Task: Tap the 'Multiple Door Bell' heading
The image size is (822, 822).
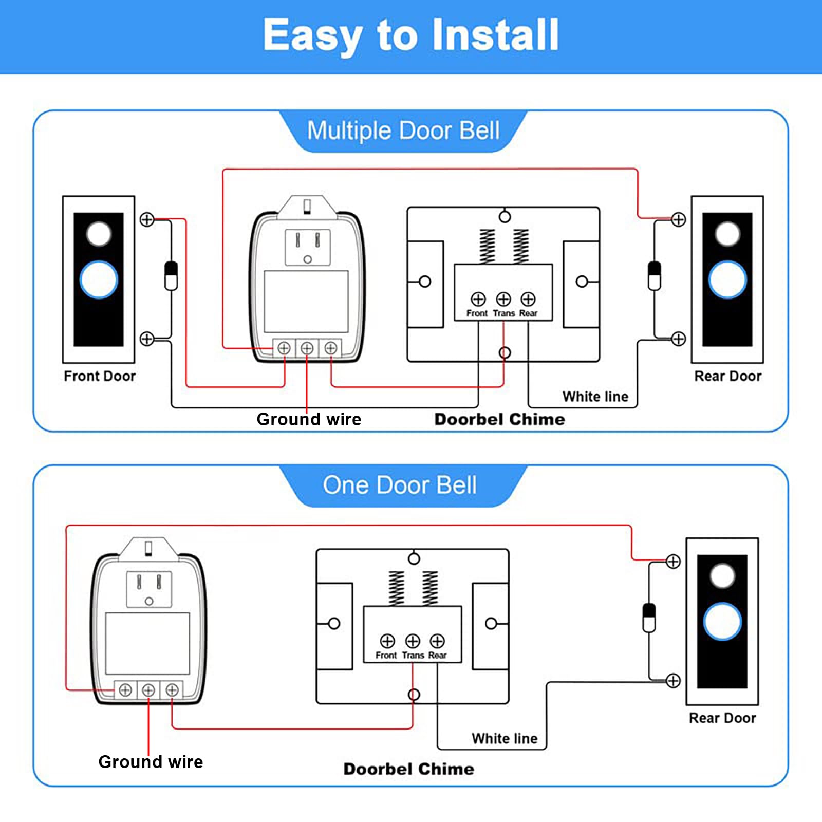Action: [x=403, y=130]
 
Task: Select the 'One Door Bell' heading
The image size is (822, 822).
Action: [x=400, y=485]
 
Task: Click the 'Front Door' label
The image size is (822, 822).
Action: [x=100, y=376]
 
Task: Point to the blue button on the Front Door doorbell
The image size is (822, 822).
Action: [x=99, y=279]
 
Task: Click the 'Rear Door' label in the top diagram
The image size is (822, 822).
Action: [x=727, y=376]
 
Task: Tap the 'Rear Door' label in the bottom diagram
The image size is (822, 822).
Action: [x=722, y=718]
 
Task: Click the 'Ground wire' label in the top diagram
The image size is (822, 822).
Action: [x=309, y=419]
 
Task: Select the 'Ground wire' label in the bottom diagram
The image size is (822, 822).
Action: [x=151, y=761]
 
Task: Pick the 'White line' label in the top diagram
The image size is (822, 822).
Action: [x=595, y=397]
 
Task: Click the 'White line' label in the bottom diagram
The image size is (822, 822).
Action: [x=505, y=738]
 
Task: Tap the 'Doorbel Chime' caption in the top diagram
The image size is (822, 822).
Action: [x=499, y=419]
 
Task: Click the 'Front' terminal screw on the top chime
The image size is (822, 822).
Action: [x=478, y=299]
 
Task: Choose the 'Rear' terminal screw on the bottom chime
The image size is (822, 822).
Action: [x=437, y=641]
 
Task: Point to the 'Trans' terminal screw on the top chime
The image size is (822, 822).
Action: [x=503, y=299]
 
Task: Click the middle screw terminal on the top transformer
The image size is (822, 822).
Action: [x=307, y=348]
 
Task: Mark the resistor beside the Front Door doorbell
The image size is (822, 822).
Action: [x=171, y=276]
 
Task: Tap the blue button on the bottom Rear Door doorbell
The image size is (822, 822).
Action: [x=722, y=622]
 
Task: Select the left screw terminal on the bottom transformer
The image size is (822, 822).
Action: [x=125, y=690]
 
